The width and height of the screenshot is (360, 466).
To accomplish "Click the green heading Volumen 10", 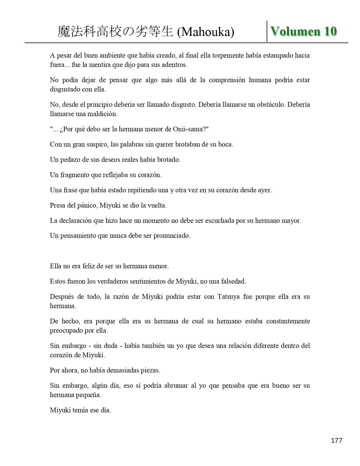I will coord(304,31).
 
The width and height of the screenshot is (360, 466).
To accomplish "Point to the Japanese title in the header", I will coord(115,32).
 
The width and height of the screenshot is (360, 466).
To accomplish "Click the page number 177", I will coord(336,440).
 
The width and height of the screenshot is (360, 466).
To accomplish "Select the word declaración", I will coord(75,221).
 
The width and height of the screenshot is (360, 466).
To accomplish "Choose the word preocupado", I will coord(66,330).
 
